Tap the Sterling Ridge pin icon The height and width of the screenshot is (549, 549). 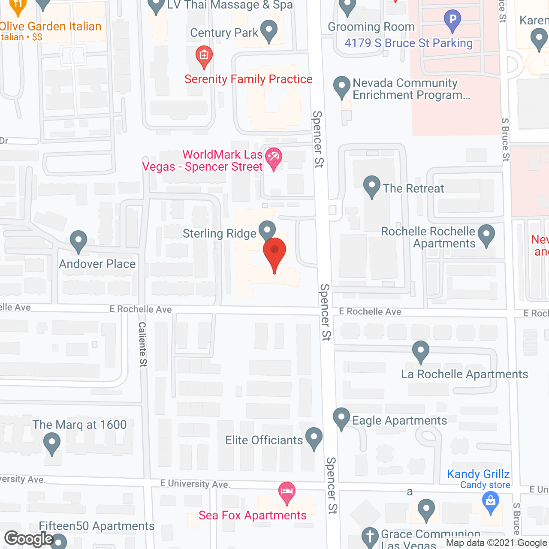pos(267,230)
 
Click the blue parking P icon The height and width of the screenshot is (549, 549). pos(452,20)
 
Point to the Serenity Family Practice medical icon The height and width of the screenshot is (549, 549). pos(204,56)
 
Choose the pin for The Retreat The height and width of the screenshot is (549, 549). pos(372,186)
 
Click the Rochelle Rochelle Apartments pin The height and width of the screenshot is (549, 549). pos(486,235)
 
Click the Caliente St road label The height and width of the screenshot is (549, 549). pos(143,344)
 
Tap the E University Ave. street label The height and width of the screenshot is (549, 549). pos(195,484)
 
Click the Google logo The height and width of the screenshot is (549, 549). pos(29,539)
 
